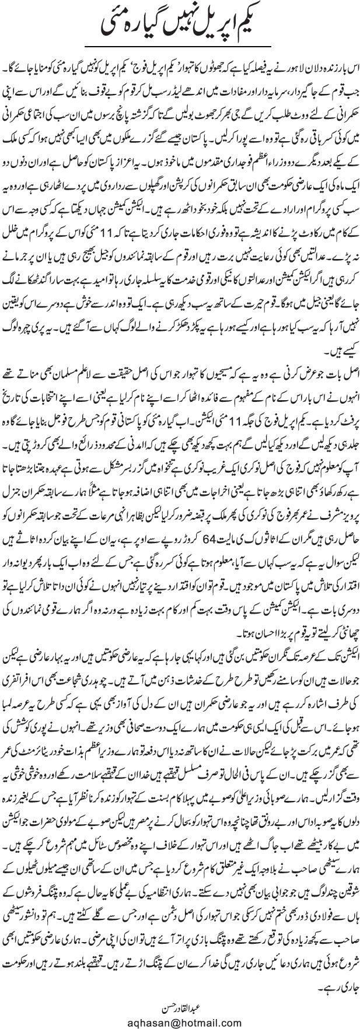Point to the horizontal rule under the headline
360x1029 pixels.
180,45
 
